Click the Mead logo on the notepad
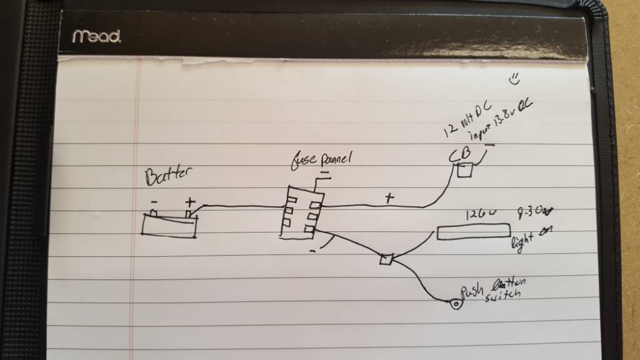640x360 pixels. (x=97, y=36)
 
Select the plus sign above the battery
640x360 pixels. (x=190, y=202)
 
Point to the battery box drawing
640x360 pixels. (x=169, y=224)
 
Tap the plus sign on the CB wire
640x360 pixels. (x=390, y=199)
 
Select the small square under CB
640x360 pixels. (x=465, y=169)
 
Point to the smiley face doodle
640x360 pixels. (x=515, y=79)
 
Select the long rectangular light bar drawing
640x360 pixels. (x=473, y=233)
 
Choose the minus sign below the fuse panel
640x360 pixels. (x=312, y=251)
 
